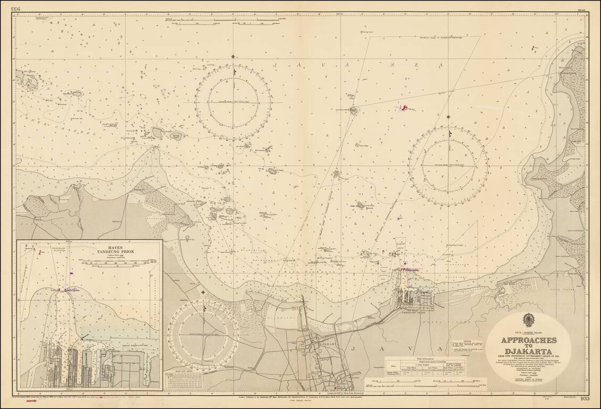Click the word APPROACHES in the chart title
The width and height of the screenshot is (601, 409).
[x=528, y=340]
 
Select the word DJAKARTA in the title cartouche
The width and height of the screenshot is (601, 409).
[x=528, y=351]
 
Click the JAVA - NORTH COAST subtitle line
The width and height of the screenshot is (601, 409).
[x=528, y=332]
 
